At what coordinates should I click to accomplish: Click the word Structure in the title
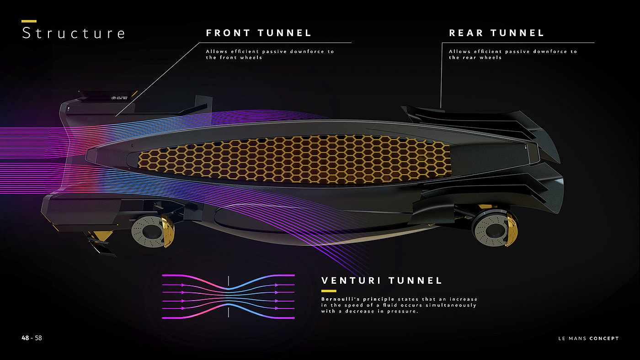(x=73, y=33)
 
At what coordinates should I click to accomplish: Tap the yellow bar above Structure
(x=29, y=21)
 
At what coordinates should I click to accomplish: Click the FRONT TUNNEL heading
(x=259, y=33)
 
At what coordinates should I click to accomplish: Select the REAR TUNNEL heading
(x=496, y=33)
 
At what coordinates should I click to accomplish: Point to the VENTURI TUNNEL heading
(x=382, y=281)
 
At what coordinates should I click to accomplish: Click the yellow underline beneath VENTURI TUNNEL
(x=329, y=291)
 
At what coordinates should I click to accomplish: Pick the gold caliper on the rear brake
(x=511, y=227)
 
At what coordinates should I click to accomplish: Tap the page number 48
(x=25, y=338)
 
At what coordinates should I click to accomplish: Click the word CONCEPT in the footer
(x=604, y=339)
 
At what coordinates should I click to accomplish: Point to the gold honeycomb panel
(x=293, y=160)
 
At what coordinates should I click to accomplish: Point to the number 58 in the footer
(x=38, y=338)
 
